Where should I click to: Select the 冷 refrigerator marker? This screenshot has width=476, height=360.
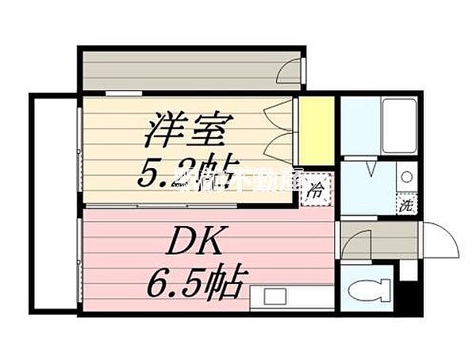[315, 190]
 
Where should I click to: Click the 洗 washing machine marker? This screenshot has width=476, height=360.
[405, 204]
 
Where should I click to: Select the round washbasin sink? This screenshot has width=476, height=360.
[405, 177]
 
